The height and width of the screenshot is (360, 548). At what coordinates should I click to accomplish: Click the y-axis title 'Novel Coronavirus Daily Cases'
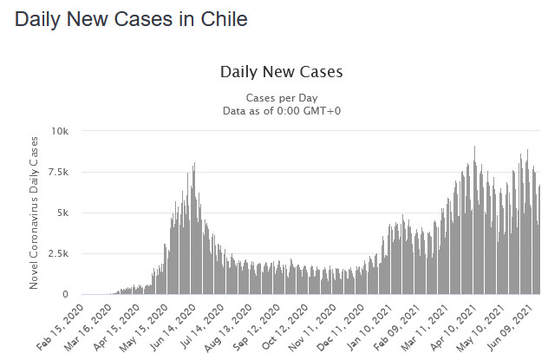35,213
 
